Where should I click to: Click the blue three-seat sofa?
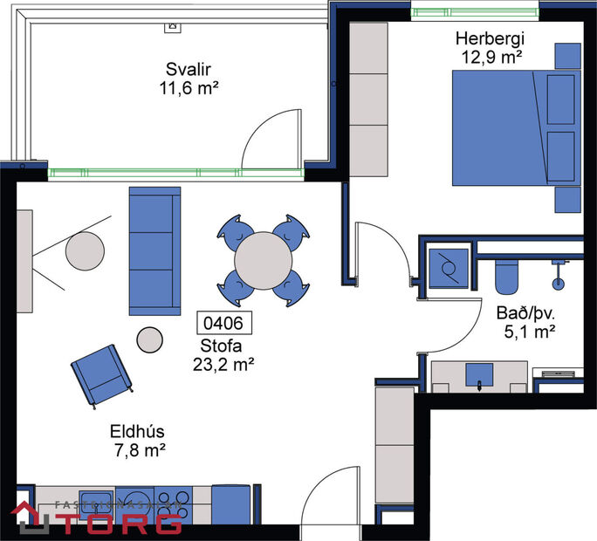click(x=154, y=250)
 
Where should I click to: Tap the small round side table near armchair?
click(x=149, y=339)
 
